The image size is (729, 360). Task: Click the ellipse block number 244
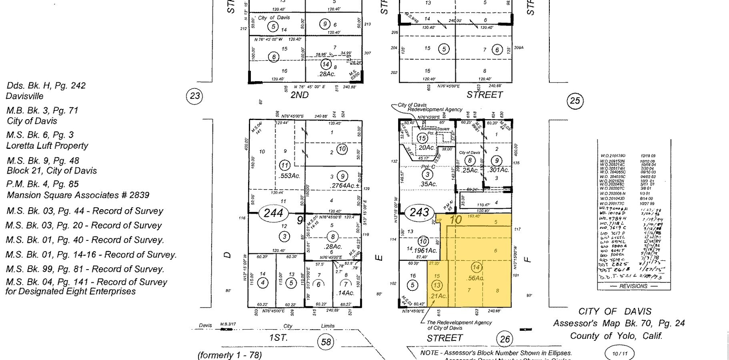(x=274, y=213)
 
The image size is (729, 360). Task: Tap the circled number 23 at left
(x=194, y=96)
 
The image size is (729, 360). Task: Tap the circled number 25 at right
(x=575, y=101)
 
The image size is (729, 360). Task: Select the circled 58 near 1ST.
(x=326, y=342)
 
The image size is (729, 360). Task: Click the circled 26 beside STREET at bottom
(x=505, y=340)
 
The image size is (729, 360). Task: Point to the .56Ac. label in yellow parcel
(x=475, y=278)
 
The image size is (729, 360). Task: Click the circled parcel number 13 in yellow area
(x=437, y=285)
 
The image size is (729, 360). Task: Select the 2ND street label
(x=299, y=95)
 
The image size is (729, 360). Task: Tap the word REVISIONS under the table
(x=633, y=286)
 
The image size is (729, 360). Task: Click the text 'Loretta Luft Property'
(x=47, y=146)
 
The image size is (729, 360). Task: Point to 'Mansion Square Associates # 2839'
(x=78, y=195)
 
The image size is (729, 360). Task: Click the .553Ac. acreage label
(x=290, y=176)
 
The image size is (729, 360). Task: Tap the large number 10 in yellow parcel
(x=456, y=220)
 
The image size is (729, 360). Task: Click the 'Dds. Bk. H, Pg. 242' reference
(x=46, y=86)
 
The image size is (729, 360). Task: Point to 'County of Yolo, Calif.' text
(x=616, y=336)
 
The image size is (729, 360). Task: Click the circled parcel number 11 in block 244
(x=284, y=165)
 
